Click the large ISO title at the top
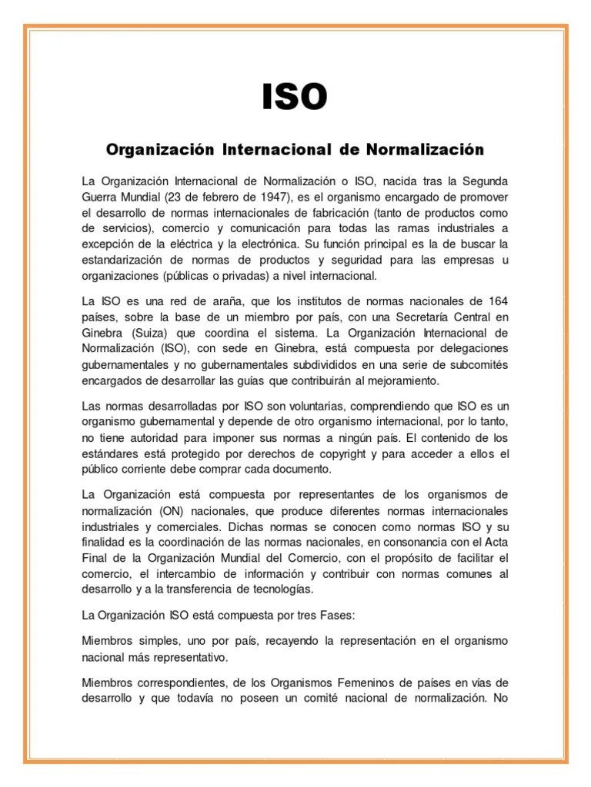(x=295, y=98)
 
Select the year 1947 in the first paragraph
(x=255, y=196)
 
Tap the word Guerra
(x=100, y=196)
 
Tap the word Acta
(x=496, y=542)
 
